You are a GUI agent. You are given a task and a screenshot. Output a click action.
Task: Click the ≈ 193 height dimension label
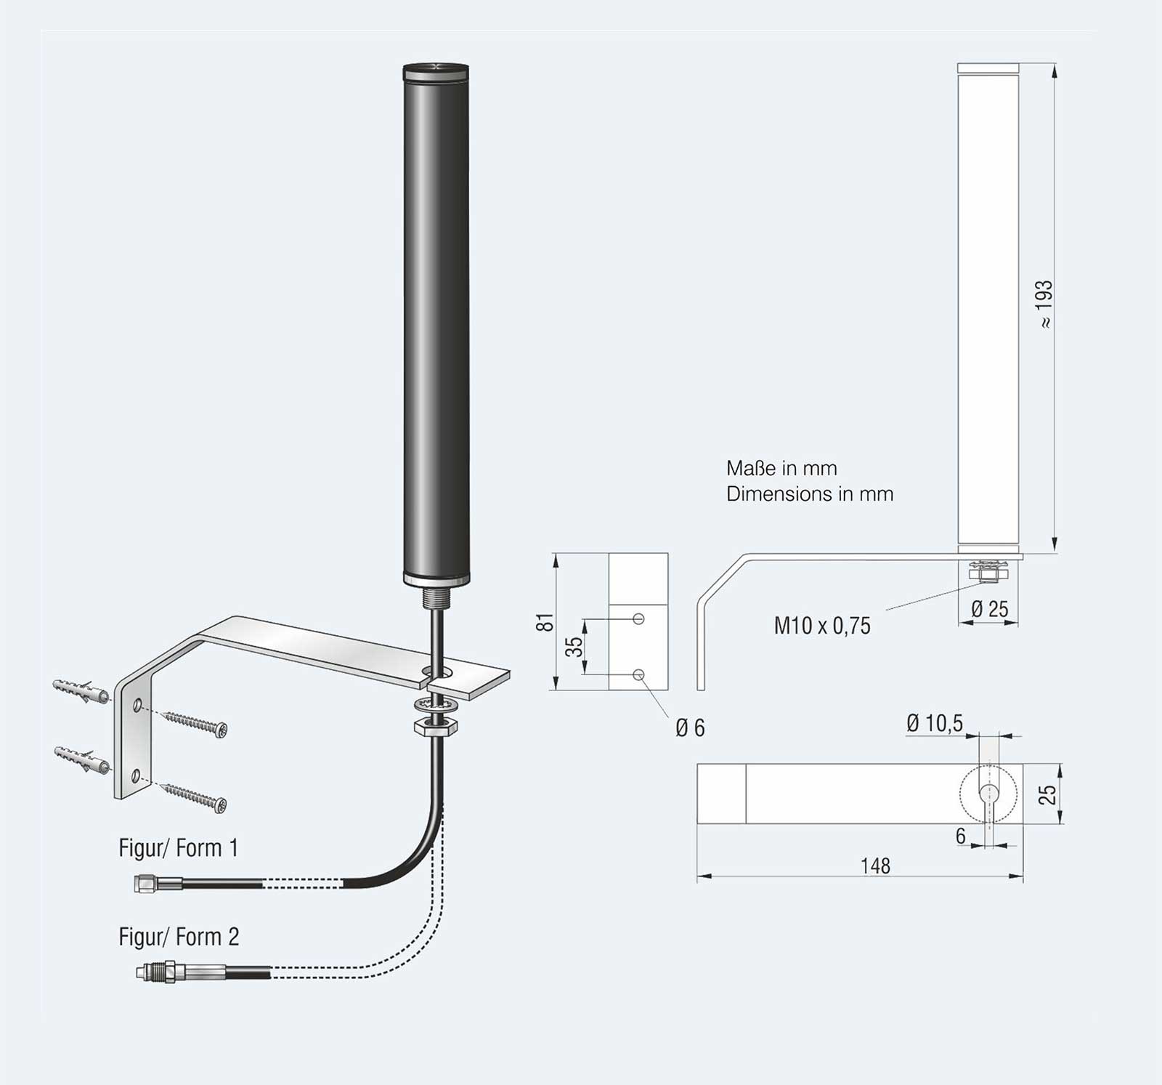tap(1044, 303)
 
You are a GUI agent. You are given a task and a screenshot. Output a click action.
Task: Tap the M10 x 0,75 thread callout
tap(821, 626)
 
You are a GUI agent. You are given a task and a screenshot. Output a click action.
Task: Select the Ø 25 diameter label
tap(990, 609)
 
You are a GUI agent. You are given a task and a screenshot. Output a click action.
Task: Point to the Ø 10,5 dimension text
tap(934, 723)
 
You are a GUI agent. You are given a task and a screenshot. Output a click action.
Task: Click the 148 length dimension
tap(875, 866)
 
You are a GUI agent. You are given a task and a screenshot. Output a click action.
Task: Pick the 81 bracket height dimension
tap(545, 622)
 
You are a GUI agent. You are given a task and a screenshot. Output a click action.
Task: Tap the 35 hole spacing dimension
tap(574, 646)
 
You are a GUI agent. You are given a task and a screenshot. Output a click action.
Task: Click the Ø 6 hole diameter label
tap(690, 727)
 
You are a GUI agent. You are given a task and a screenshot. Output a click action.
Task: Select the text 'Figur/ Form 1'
tap(178, 848)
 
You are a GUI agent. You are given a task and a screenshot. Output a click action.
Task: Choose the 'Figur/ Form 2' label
tap(179, 937)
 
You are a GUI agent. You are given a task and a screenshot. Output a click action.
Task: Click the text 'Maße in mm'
tap(781, 468)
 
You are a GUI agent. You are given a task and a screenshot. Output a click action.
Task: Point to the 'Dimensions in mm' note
tap(810, 494)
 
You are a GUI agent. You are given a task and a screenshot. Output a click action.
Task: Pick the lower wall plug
tap(82, 760)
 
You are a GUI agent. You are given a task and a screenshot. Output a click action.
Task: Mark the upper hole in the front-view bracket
tap(638, 619)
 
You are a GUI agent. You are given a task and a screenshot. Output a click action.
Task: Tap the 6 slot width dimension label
tap(960, 836)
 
